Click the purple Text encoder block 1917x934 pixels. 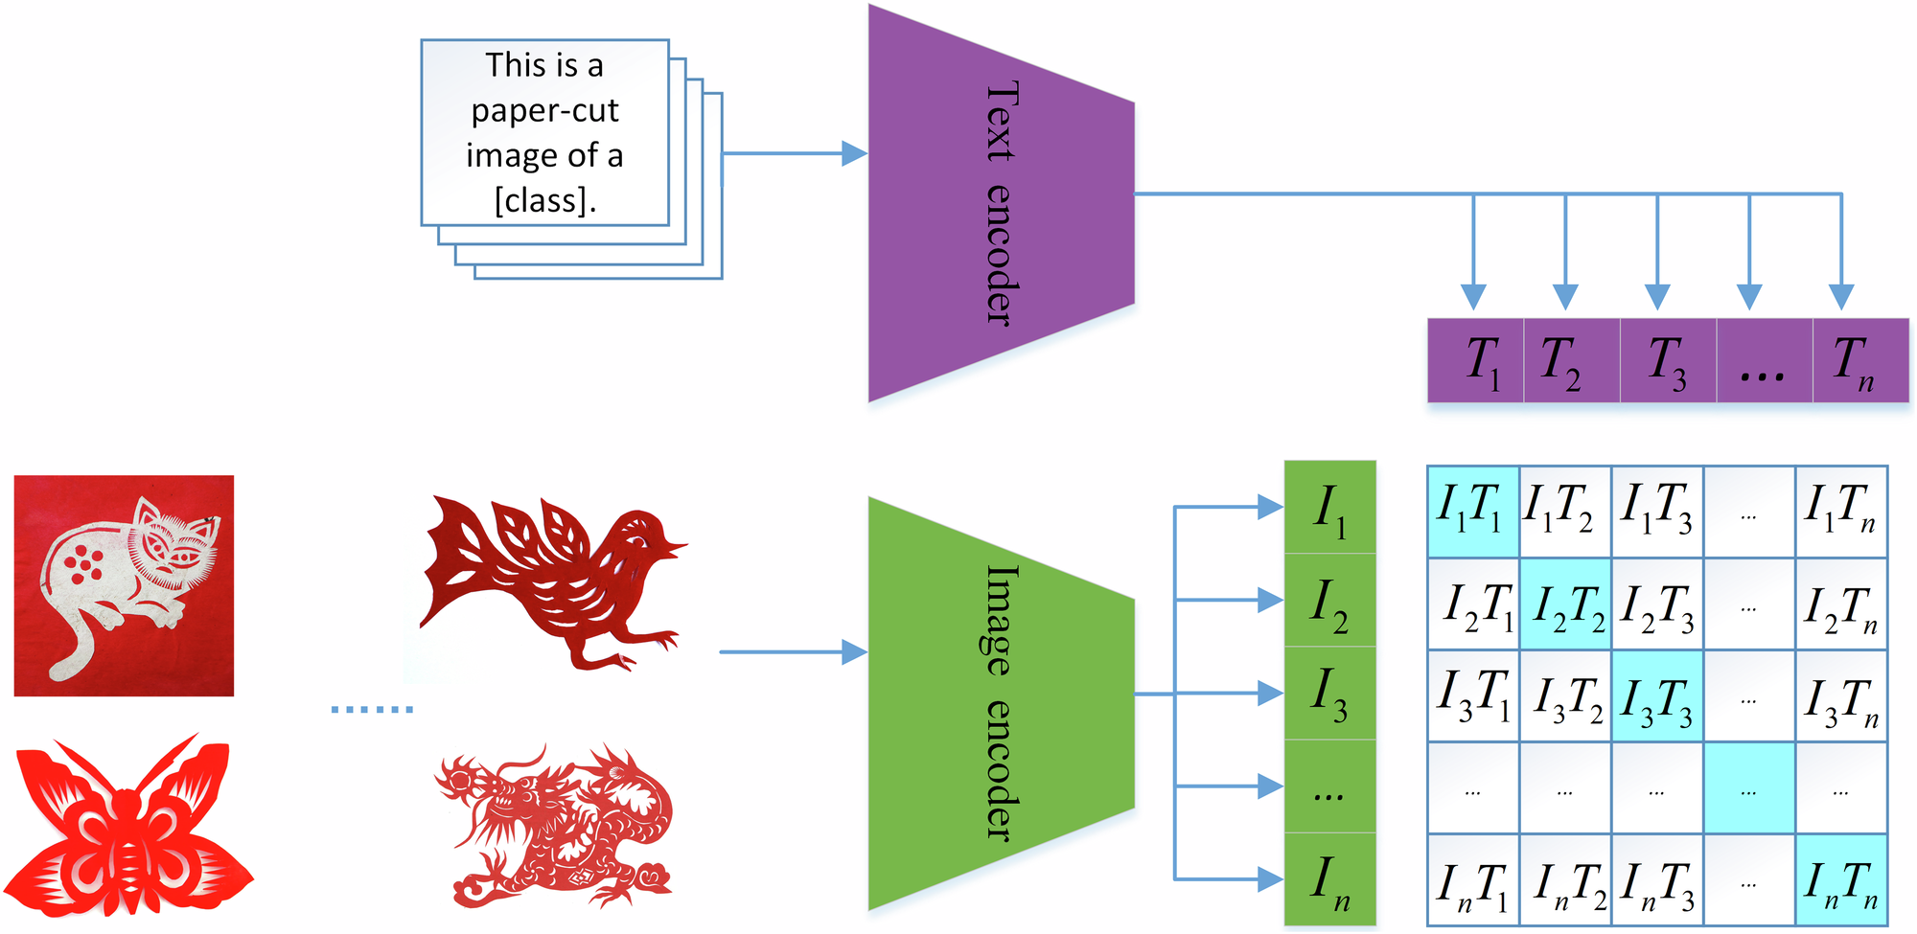1002,203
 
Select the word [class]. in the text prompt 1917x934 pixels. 545,200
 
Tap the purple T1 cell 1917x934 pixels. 1477,361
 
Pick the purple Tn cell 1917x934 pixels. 1859,361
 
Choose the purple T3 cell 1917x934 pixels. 1667,361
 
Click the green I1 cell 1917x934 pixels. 1329,508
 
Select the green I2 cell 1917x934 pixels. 1329,602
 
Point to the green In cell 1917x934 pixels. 1329,879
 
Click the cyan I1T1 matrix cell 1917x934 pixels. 1472,511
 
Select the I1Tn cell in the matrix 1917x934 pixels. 1840,511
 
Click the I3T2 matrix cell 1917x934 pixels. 1564,696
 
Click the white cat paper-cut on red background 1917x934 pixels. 124,585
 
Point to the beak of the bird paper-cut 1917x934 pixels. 677,547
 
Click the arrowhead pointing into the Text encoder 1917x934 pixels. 854,153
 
